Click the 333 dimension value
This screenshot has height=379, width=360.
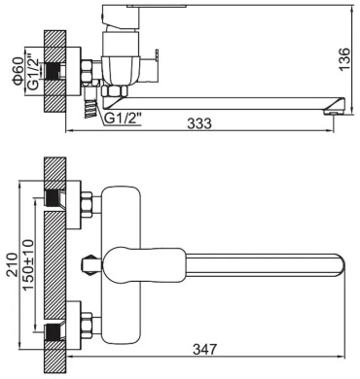click(x=200, y=123)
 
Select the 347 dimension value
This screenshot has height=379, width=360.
click(x=204, y=350)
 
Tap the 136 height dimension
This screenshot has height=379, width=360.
click(x=344, y=59)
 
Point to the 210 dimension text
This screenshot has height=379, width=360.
click(x=12, y=264)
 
